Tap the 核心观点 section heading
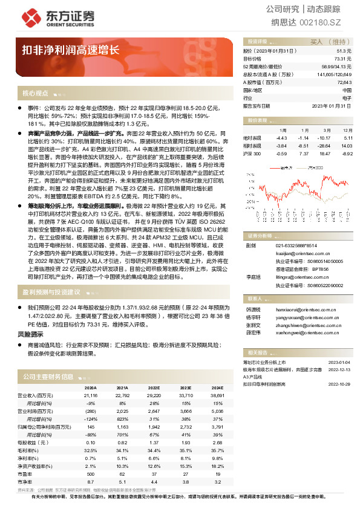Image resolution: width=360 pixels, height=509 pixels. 35,93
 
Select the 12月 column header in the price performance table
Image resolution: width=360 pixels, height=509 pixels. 347,130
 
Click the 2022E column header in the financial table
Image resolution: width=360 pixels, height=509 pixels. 153,387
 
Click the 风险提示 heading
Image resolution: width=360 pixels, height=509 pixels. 30,334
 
